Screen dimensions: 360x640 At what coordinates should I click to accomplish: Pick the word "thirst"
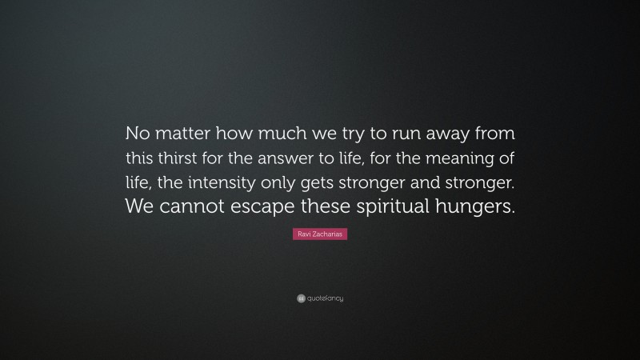tap(186, 158)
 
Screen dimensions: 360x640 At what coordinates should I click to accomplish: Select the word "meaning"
tap(478, 158)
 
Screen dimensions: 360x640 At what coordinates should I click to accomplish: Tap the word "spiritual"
tap(396, 206)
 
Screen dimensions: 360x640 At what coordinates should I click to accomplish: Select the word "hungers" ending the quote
tap(478, 206)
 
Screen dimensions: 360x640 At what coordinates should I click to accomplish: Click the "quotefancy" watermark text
tap(324, 298)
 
